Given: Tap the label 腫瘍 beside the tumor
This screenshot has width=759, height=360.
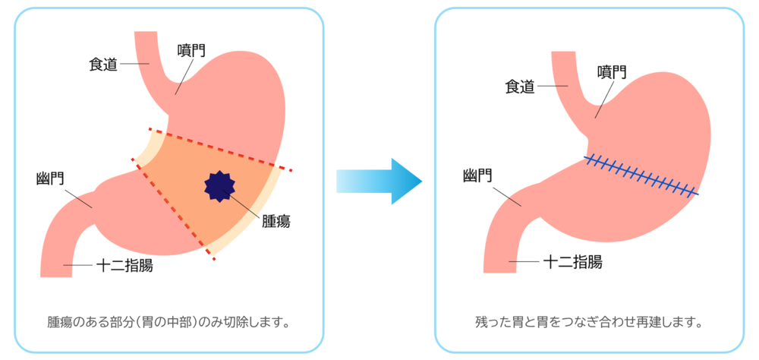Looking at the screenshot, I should click(x=276, y=221).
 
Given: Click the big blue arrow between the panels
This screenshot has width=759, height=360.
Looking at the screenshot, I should click(x=379, y=182).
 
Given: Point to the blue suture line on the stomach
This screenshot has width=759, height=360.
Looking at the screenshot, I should click(x=641, y=175).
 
